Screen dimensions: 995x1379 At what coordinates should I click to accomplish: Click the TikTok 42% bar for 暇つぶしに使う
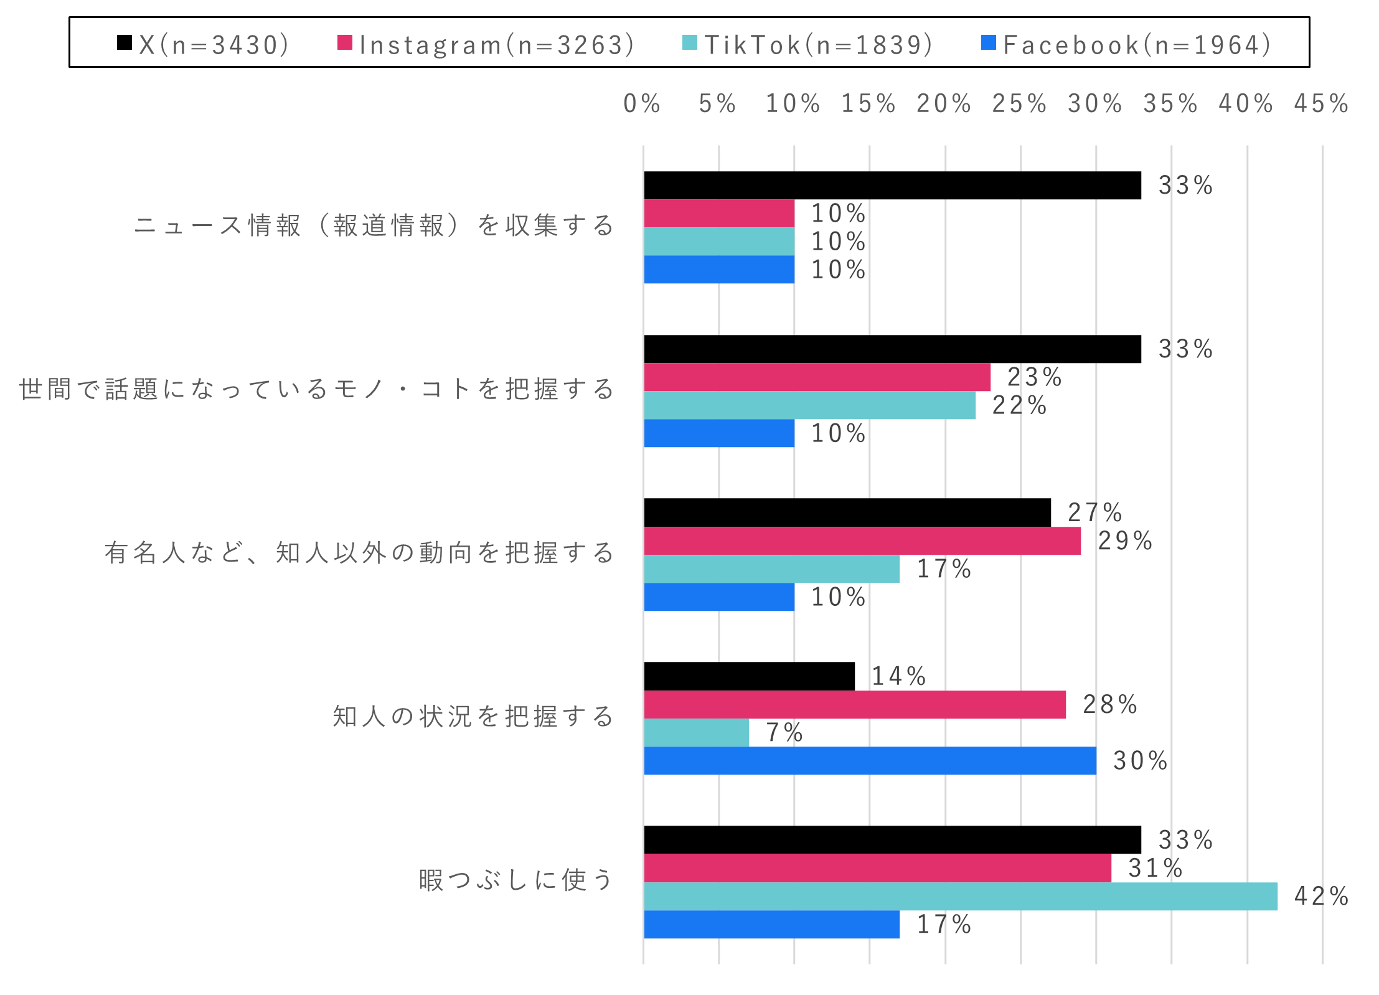960,896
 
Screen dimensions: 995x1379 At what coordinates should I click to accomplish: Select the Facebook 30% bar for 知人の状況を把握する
870,760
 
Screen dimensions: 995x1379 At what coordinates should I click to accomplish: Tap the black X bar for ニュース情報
892,185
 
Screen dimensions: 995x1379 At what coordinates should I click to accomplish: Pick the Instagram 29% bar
862,540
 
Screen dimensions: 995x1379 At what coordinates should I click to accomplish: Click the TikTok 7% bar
696,732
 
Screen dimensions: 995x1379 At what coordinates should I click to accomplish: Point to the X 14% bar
749,676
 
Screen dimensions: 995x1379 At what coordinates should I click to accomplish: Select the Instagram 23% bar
817,377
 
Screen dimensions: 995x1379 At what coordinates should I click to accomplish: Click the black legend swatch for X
125,42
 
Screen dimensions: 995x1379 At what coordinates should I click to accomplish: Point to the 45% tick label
1321,103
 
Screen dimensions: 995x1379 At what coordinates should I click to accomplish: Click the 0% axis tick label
642,103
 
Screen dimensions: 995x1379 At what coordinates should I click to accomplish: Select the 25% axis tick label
1019,103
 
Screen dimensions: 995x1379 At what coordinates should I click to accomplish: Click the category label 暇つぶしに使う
516,880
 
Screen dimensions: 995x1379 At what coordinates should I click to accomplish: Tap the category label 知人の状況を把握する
473,716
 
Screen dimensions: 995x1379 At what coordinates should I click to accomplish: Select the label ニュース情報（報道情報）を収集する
374,225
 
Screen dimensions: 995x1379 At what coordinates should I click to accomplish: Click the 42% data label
1321,896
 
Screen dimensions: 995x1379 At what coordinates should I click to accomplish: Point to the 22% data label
1019,405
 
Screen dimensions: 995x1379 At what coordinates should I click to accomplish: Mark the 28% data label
1110,704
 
